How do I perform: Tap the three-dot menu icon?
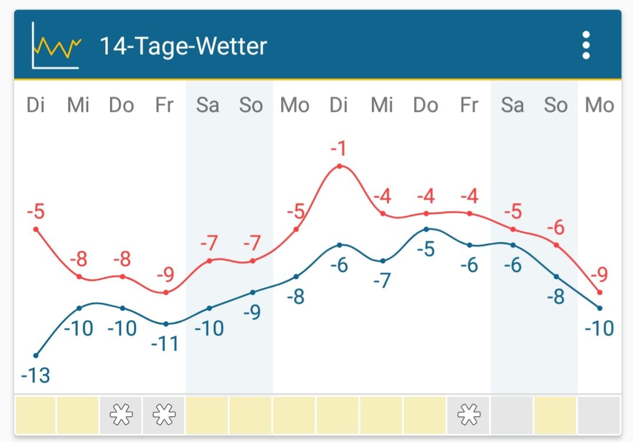click(585, 45)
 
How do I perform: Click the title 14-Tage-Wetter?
click(183, 46)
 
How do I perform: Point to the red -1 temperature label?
click(338, 148)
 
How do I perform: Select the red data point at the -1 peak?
click(339, 167)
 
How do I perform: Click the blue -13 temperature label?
click(36, 375)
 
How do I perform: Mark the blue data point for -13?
click(36, 355)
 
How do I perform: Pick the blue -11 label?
click(165, 343)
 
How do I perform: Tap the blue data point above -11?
click(166, 324)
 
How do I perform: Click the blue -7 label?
click(382, 280)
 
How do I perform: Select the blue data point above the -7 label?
click(383, 261)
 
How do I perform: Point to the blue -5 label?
click(425, 249)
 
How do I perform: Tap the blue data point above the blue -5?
click(427, 229)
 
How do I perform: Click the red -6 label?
click(555, 227)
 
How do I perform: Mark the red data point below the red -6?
click(557, 245)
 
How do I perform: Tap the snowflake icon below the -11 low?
click(164, 416)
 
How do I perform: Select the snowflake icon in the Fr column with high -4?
click(469, 416)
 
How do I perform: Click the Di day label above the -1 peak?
click(339, 105)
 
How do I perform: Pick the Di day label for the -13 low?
click(36, 105)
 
